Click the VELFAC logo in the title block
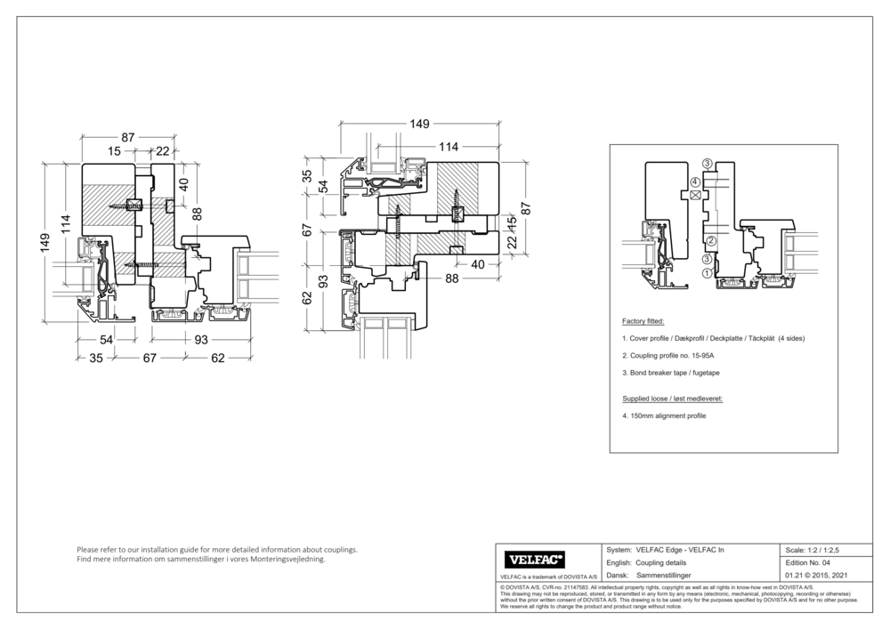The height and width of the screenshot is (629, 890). pyautogui.click(x=534, y=560)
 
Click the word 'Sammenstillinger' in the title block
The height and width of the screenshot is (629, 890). pyautogui.click(x=666, y=577)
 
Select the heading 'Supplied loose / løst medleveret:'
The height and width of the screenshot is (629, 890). pyautogui.click(x=671, y=399)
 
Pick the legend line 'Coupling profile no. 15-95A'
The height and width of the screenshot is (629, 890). pyautogui.click(x=672, y=356)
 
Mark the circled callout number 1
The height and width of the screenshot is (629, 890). pyautogui.click(x=706, y=273)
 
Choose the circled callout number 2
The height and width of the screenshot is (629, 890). pyautogui.click(x=711, y=241)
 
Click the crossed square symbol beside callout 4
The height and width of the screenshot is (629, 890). pyautogui.click(x=695, y=194)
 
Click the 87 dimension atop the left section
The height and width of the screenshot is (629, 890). pyautogui.click(x=128, y=137)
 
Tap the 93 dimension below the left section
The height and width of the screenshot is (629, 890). pyautogui.click(x=202, y=339)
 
